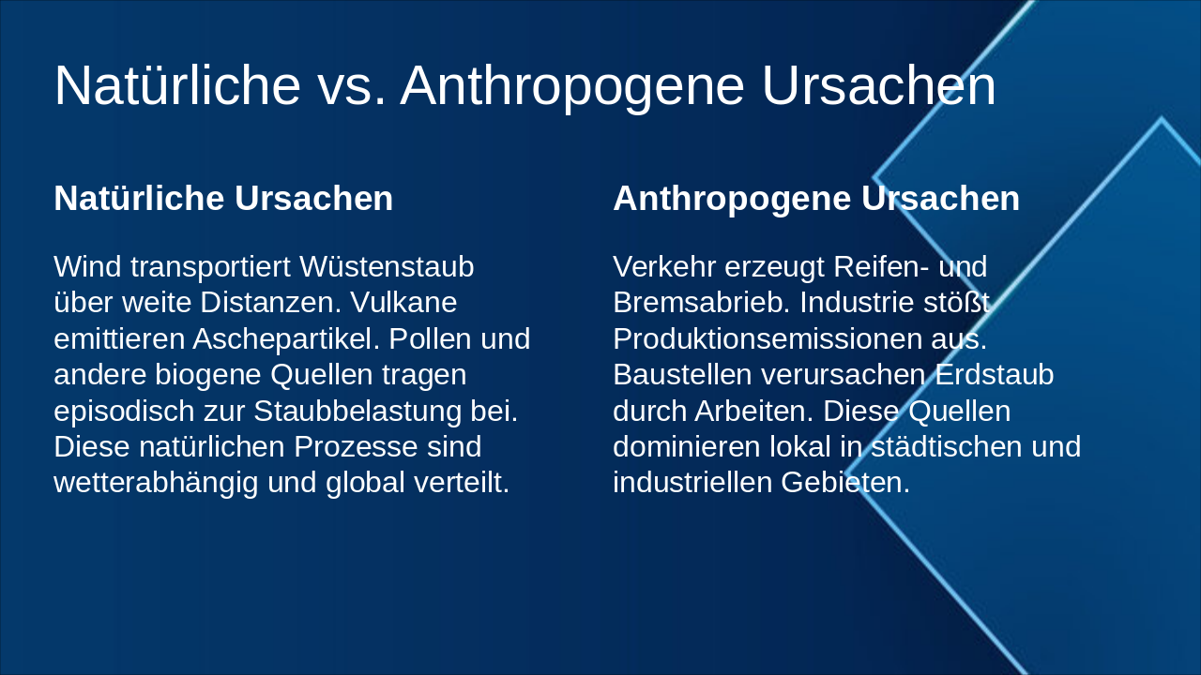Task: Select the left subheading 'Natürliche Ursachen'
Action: [x=223, y=199]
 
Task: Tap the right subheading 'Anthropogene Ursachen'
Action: [x=816, y=199]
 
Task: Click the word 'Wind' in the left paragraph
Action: [x=88, y=267]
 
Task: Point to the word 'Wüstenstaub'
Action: [x=387, y=267]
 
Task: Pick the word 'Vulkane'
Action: [x=403, y=303]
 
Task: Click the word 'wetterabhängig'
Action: [x=157, y=483]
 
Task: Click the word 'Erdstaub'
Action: [x=995, y=375]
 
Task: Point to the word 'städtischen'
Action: [x=949, y=446]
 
